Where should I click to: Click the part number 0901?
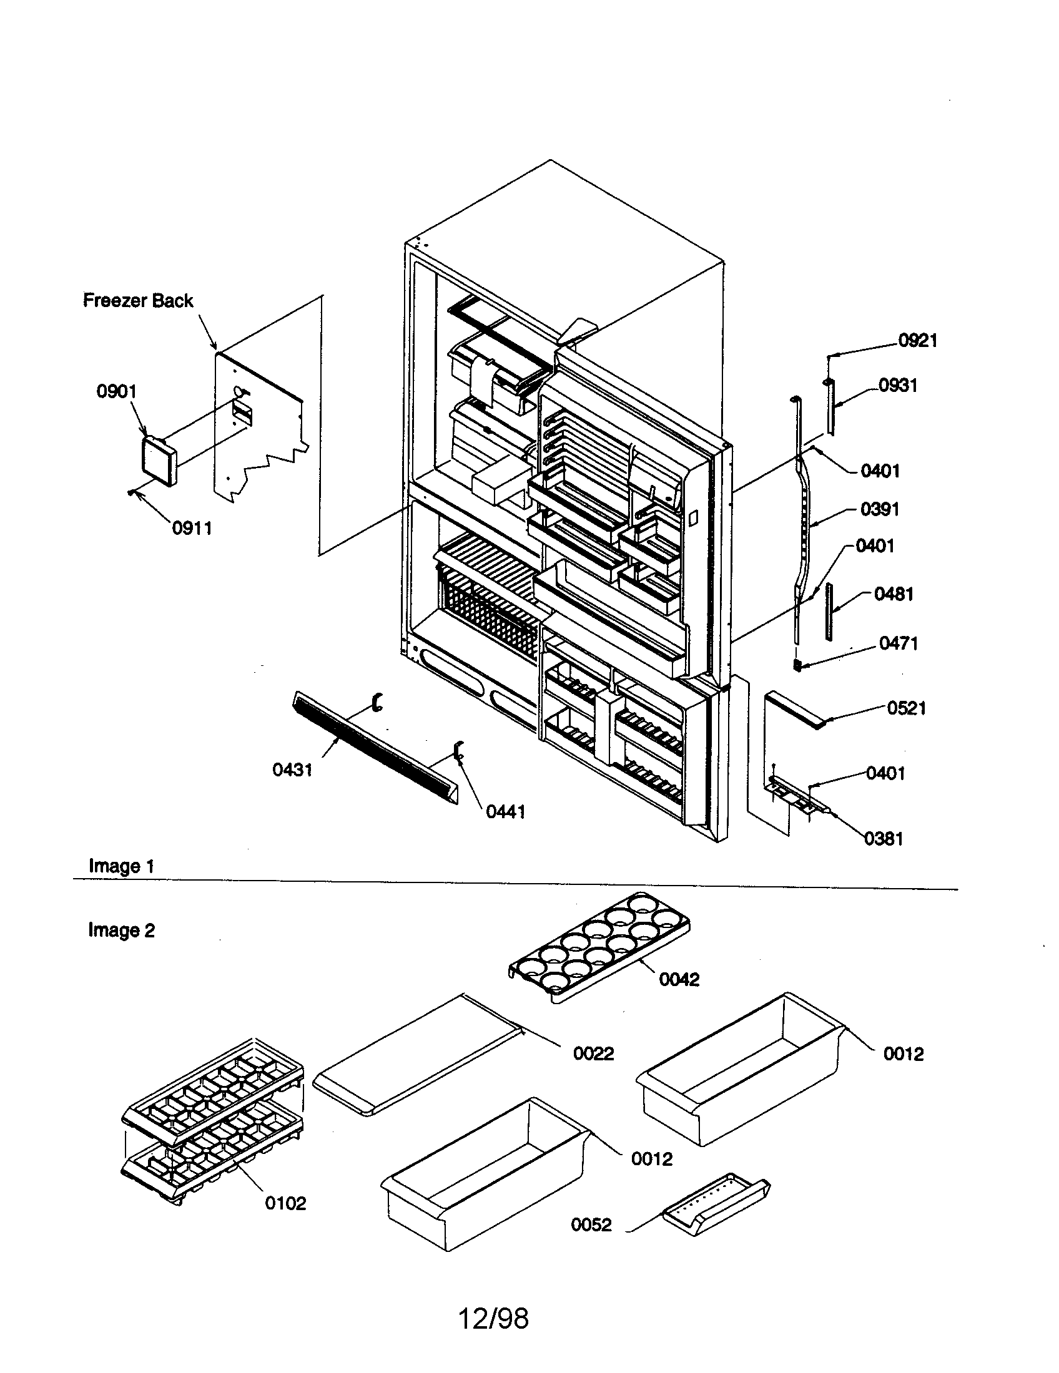click(116, 391)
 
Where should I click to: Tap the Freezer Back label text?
click(138, 301)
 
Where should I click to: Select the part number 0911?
click(192, 528)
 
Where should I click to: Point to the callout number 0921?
click(917, 341)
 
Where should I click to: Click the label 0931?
click(897, 385)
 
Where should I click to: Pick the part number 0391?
click(879, 509)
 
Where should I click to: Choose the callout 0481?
click(894, 594)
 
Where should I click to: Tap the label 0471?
click(898, 643)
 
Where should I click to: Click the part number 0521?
click(906, 708)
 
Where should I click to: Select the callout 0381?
click(884, 839)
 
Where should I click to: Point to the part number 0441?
click(505, 811)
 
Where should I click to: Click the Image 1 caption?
click(121, 866)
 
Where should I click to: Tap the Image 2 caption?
click(121, 930)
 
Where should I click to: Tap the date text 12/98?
click(493, 1318)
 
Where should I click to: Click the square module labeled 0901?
click(158, 461)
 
